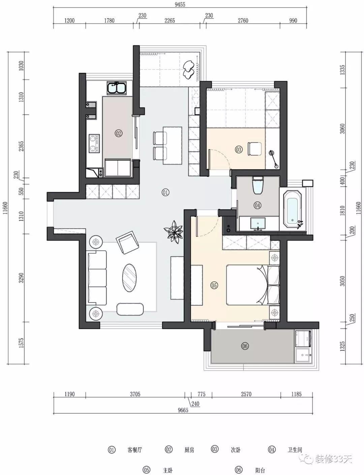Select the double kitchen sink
coord(116,88)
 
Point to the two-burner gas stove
coord(94,144)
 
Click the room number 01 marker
coord(165,193)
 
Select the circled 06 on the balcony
coord(245,346)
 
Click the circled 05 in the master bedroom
coord(214,285)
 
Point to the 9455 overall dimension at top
coord(180,5)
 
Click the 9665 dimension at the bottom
coord(183,410)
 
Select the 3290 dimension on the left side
coord(21,278)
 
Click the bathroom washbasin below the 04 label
coord(258,224)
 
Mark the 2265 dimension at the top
coord(170,21)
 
